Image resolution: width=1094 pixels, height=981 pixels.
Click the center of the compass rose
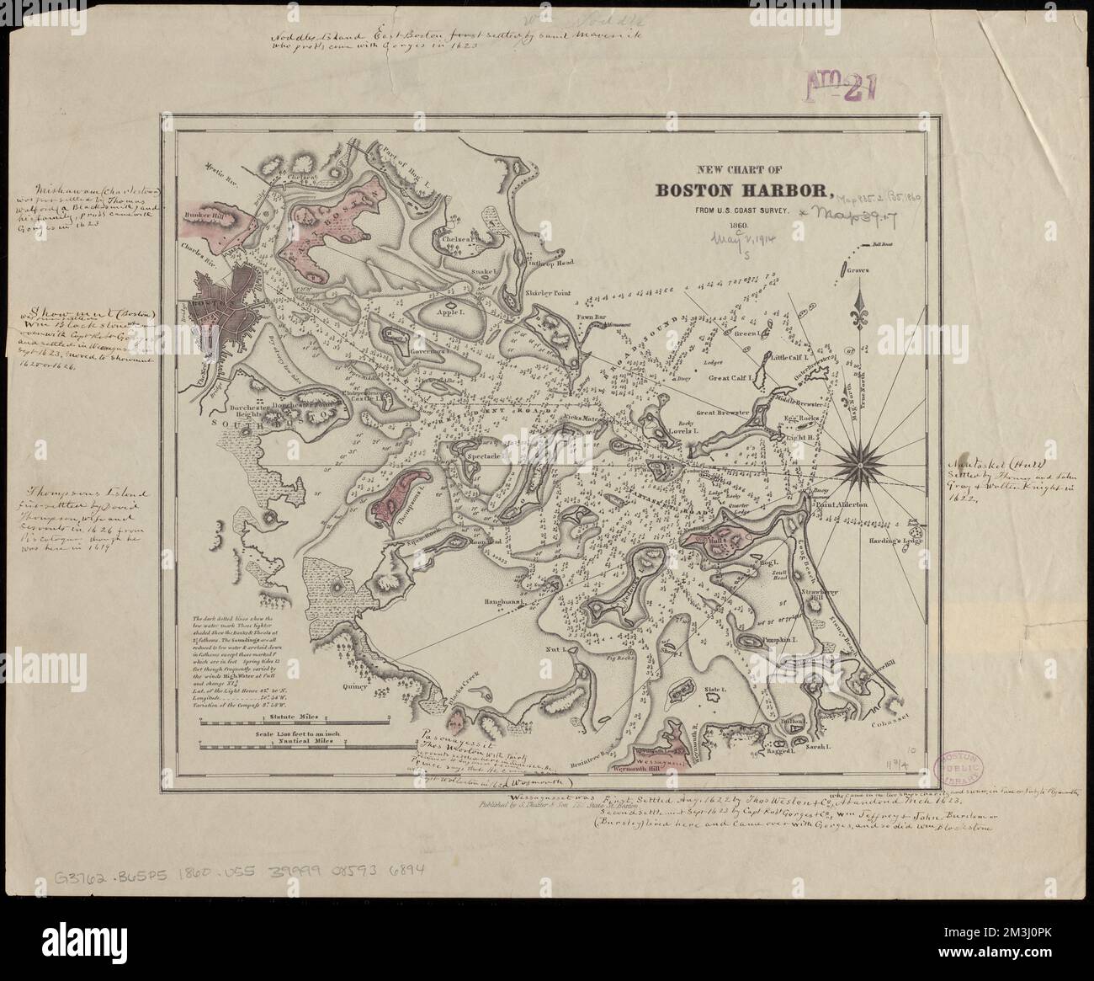click(859, 455)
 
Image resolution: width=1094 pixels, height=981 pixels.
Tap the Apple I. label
click(451, 310)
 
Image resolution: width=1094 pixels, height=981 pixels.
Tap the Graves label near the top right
click(858, 270)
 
